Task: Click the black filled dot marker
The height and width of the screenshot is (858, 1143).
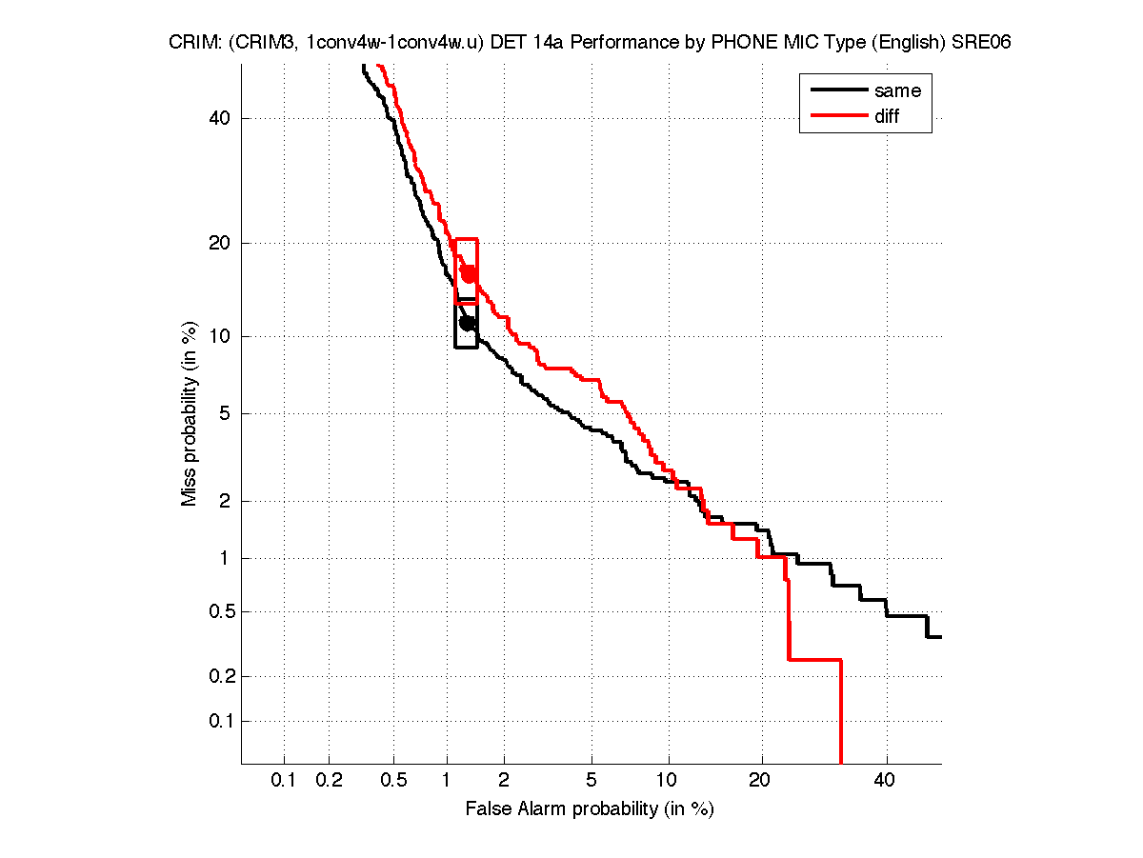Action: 467,323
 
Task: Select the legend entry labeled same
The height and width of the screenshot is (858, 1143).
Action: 897,91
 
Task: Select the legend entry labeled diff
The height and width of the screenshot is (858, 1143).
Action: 887,116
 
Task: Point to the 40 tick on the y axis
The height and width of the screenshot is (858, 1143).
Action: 222,118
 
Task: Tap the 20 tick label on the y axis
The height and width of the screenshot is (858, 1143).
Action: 222,243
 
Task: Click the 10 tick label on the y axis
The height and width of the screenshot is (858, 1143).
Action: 222,336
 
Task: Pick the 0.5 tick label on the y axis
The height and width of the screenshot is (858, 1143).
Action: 218,611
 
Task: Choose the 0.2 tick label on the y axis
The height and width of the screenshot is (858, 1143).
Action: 218,677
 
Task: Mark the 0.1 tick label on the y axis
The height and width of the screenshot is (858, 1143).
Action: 218,721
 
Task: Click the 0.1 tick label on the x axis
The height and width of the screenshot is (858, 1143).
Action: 284,781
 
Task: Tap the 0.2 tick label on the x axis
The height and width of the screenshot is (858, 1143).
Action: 329,781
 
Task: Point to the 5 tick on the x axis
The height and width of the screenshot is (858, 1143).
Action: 592,781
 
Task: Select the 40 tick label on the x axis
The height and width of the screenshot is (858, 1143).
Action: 887,781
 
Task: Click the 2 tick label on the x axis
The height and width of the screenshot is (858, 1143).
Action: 505,781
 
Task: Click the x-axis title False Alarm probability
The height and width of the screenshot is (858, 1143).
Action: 590,809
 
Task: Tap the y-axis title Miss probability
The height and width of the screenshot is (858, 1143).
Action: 190,412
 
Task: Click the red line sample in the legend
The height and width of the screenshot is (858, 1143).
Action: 837,116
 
